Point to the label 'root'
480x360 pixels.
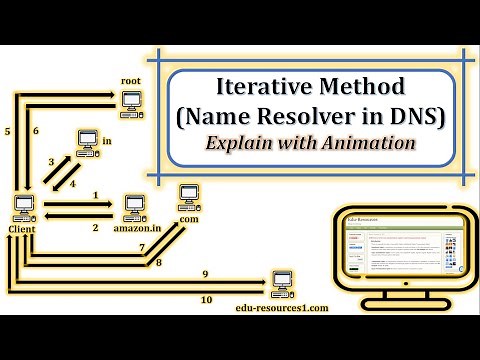(x=130, y=79)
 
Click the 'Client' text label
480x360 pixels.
(x=21, y=229)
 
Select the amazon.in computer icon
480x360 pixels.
(x=132, y=207)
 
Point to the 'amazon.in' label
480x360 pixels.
(x=136, y=229)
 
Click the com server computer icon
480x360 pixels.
(x=186, y=192)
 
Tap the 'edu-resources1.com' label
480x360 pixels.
(x=283, y=308)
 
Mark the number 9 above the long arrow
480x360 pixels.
(x=204, y=273)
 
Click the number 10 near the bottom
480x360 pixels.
(x=206, y=299)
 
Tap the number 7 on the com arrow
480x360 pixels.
(x=142, y=245)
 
